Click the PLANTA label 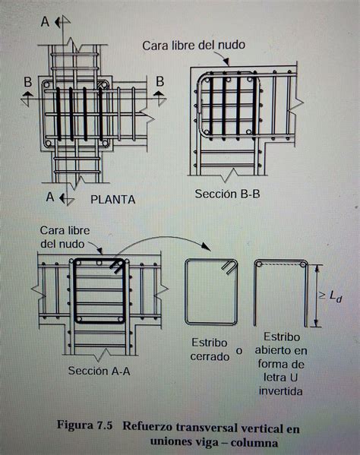112,200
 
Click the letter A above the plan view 46,22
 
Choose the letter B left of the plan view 27,81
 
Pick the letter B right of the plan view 159,81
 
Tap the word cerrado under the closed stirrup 209,356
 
